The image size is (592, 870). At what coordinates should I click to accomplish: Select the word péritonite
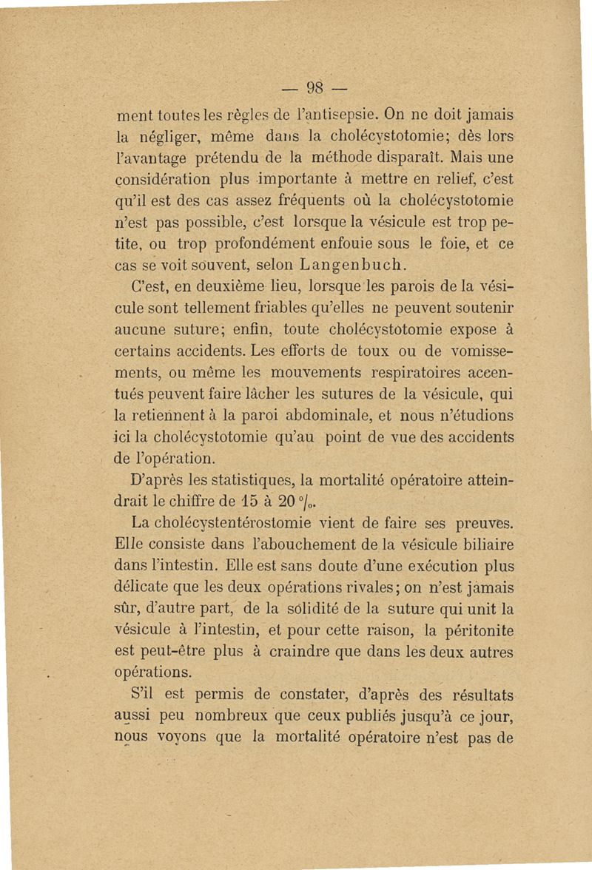(471, 631)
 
